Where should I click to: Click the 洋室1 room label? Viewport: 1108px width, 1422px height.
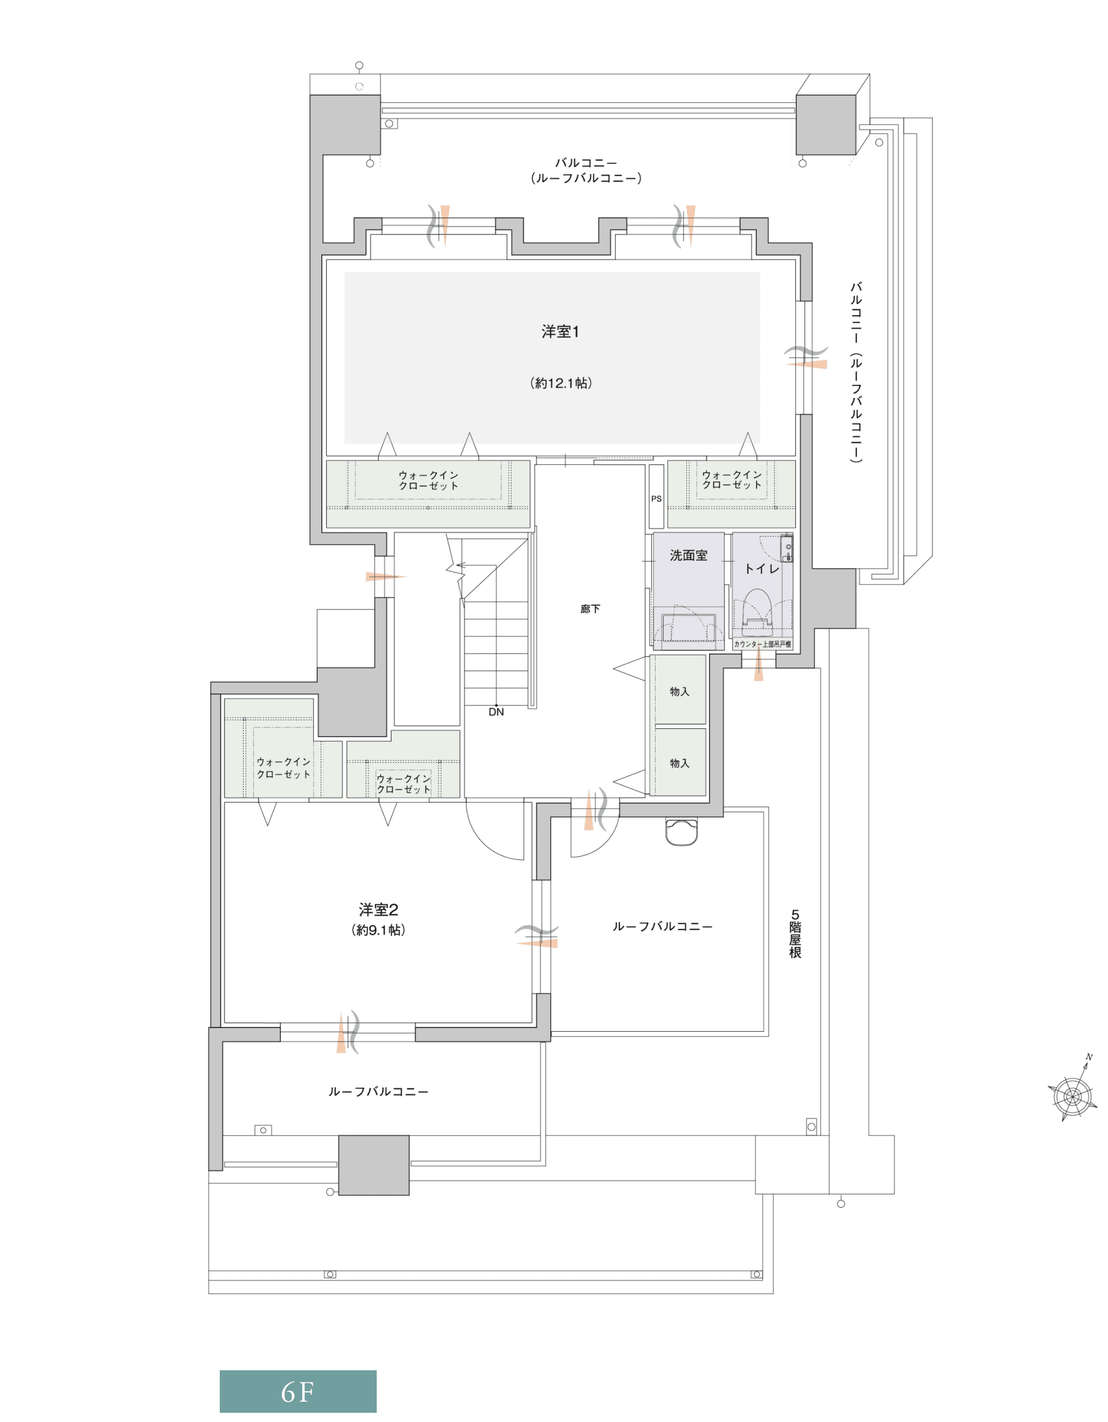(560, 331)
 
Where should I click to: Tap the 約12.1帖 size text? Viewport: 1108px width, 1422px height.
(561, 383)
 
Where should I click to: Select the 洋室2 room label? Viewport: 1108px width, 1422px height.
(378, 910)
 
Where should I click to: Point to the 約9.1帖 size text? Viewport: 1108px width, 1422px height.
(378, 930)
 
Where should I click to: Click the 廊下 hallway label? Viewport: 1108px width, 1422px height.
(590, 609)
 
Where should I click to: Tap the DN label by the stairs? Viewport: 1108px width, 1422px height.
(496, 712)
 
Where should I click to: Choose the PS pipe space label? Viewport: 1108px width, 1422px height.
(656, 499)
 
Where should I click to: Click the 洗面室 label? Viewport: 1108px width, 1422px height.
(688, 555)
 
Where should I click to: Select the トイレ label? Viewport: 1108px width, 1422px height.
(761, 568)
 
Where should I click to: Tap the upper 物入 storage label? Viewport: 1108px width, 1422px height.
(680, 691)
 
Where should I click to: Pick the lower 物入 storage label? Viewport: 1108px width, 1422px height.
(680, 763)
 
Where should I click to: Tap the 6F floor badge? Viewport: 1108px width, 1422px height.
(297, 1392)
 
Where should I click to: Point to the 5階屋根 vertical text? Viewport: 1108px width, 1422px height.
(795, 934)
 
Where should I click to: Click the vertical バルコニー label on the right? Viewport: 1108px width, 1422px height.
(856, 372)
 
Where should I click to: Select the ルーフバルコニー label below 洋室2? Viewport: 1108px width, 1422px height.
(378, 1091)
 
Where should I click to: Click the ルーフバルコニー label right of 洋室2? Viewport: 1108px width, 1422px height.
(662, 926)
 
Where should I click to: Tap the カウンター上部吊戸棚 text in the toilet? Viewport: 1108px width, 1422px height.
(762, 644)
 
